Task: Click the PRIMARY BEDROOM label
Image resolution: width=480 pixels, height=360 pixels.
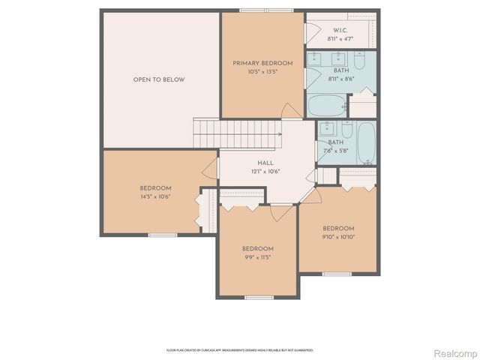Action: [257, 63]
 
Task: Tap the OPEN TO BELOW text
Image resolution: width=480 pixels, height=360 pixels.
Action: [159, 79]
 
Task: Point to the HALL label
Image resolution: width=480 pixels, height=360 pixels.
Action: [265, 163]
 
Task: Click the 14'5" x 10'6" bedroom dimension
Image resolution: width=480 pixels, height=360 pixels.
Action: [155, 196]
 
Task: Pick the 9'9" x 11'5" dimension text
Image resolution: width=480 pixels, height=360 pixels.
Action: [257, 257]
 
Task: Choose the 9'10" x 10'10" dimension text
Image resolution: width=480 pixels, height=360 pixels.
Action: [338, 237]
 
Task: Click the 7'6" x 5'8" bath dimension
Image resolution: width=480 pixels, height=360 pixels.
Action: [335, 150]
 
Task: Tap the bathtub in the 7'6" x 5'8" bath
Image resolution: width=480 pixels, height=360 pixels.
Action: [367, 142]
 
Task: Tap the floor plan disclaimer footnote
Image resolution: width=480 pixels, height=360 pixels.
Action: [239, 349]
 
